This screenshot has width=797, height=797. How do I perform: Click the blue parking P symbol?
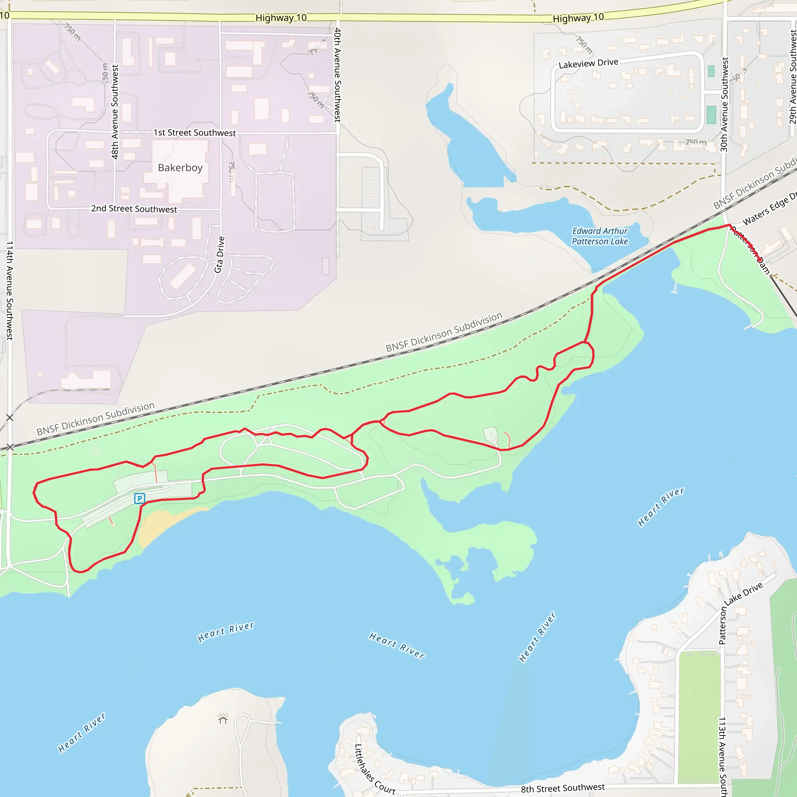[x=139, y=499]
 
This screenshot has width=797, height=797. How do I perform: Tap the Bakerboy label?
[x=180, y=167]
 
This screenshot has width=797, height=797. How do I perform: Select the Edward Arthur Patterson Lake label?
[x=599, y=236]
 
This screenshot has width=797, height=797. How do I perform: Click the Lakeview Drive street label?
[x=588, y=63]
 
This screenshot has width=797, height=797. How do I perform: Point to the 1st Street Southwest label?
[x=195, y=132]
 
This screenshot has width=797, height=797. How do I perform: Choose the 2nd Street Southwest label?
[x=134, y=209]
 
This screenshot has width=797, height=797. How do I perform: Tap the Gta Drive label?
[x=219, y=255]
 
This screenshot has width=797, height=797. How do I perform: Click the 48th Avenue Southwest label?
[x=115, y=111]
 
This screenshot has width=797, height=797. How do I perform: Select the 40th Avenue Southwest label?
[x=337, y=75]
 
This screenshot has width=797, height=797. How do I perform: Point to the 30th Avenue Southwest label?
[x=724, y=104]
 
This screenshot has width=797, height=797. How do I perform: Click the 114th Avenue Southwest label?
[x=9, y=290]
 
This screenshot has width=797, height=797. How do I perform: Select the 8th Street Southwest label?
[x=563, y=788]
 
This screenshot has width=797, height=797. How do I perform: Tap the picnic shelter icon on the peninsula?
[x=223, y=719]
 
